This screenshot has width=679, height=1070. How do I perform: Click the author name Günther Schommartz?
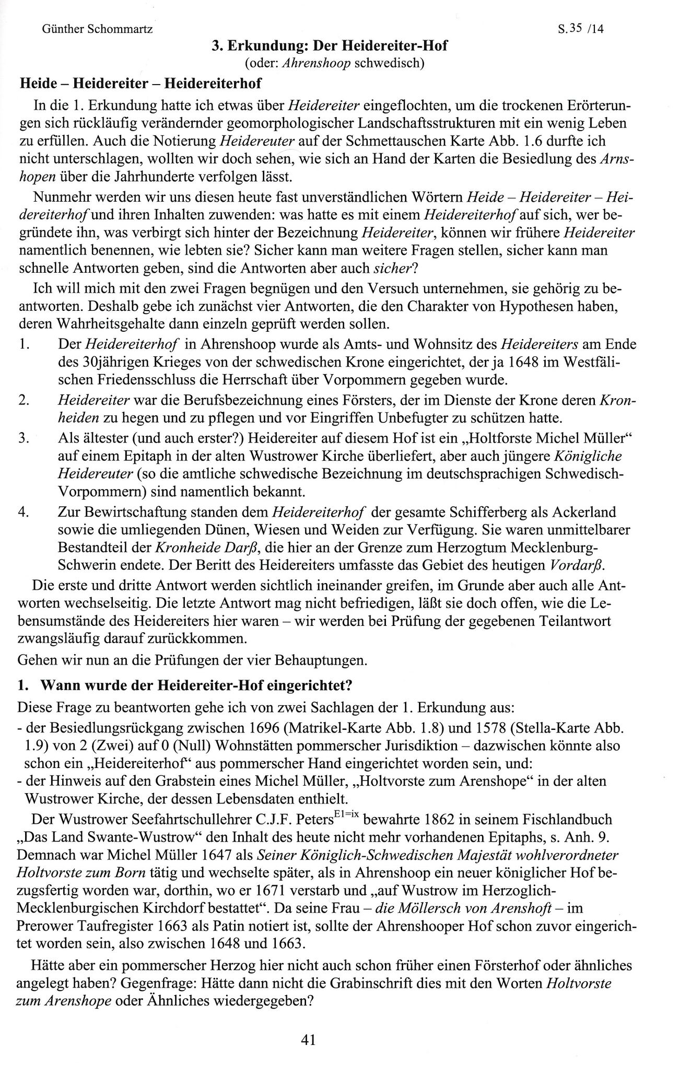pyautogui.click(x=97, y=30)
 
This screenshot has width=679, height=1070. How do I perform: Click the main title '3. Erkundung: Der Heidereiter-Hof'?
pyautogui.click(x=330, y=46)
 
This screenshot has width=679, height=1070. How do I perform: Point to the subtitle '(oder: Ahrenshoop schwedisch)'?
pyautogui.click(x=330, y=64)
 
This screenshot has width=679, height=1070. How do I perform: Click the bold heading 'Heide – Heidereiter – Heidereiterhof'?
pyautogui.click(x=139, y=83)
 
